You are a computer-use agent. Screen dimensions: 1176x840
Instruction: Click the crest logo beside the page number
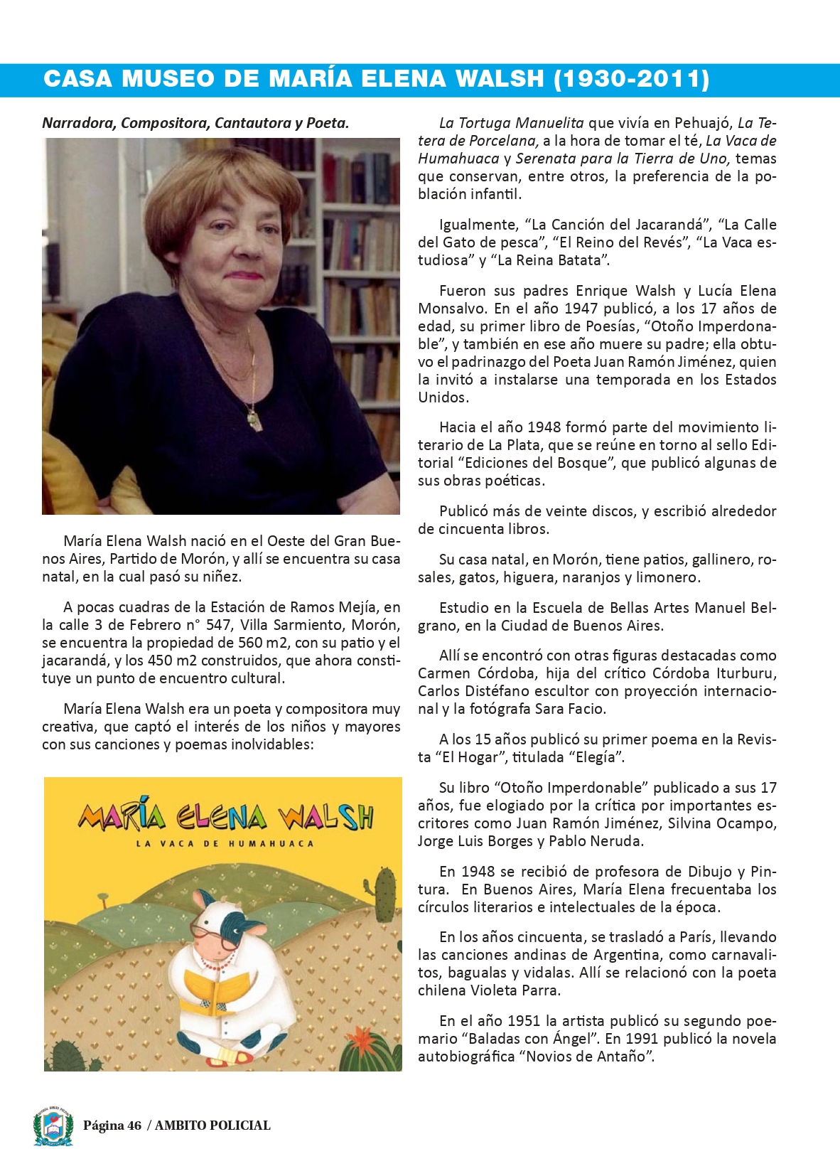[53, 1125]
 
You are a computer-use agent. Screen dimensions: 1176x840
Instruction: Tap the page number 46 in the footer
[134, 1126]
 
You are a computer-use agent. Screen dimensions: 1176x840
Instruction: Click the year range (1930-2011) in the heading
[631, 79]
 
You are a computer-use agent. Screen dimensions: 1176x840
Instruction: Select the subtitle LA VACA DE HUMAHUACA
[225, 844]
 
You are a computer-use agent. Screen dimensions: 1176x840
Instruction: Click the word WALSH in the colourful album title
[326, 817]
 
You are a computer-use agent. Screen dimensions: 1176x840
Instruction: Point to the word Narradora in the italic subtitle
[79, 123]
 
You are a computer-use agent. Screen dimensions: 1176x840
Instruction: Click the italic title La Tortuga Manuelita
[511, 123]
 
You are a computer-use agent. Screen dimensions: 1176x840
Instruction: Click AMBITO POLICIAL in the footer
[212, 1126]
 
